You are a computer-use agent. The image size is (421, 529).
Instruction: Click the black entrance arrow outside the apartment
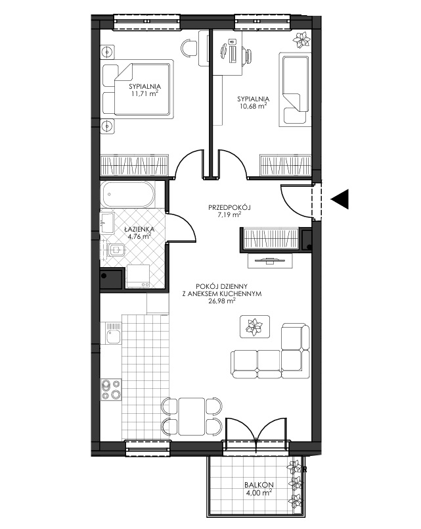point(340,199)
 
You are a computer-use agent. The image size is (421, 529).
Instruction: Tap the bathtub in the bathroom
point(128,195)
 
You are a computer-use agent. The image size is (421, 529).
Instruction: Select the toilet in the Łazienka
point(116,250)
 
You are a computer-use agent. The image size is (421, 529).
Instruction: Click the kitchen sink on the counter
point(113,333)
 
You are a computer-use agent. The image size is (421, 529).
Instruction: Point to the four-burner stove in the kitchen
point(112,390)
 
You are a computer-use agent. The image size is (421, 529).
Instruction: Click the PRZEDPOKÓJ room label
point(230,207)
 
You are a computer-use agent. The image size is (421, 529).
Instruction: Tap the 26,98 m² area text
point(221,301)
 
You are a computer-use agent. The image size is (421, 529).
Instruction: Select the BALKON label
point(259,485)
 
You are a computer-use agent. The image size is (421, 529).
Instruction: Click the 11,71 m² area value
point(145,94)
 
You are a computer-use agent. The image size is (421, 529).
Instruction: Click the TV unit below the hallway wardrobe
point(271,261)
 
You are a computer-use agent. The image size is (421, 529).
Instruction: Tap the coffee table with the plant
point(255,326)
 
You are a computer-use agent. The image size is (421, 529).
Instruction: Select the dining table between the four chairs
point(192,416)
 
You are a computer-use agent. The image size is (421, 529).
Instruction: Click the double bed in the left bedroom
point(138,89)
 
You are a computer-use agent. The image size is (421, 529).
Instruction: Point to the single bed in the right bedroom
point(294,89)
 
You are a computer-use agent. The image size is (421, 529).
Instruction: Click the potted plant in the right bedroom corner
point(301,40)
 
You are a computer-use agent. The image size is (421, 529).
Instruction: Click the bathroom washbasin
point(108,223)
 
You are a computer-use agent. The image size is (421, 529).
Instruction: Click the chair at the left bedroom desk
point(189,47)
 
